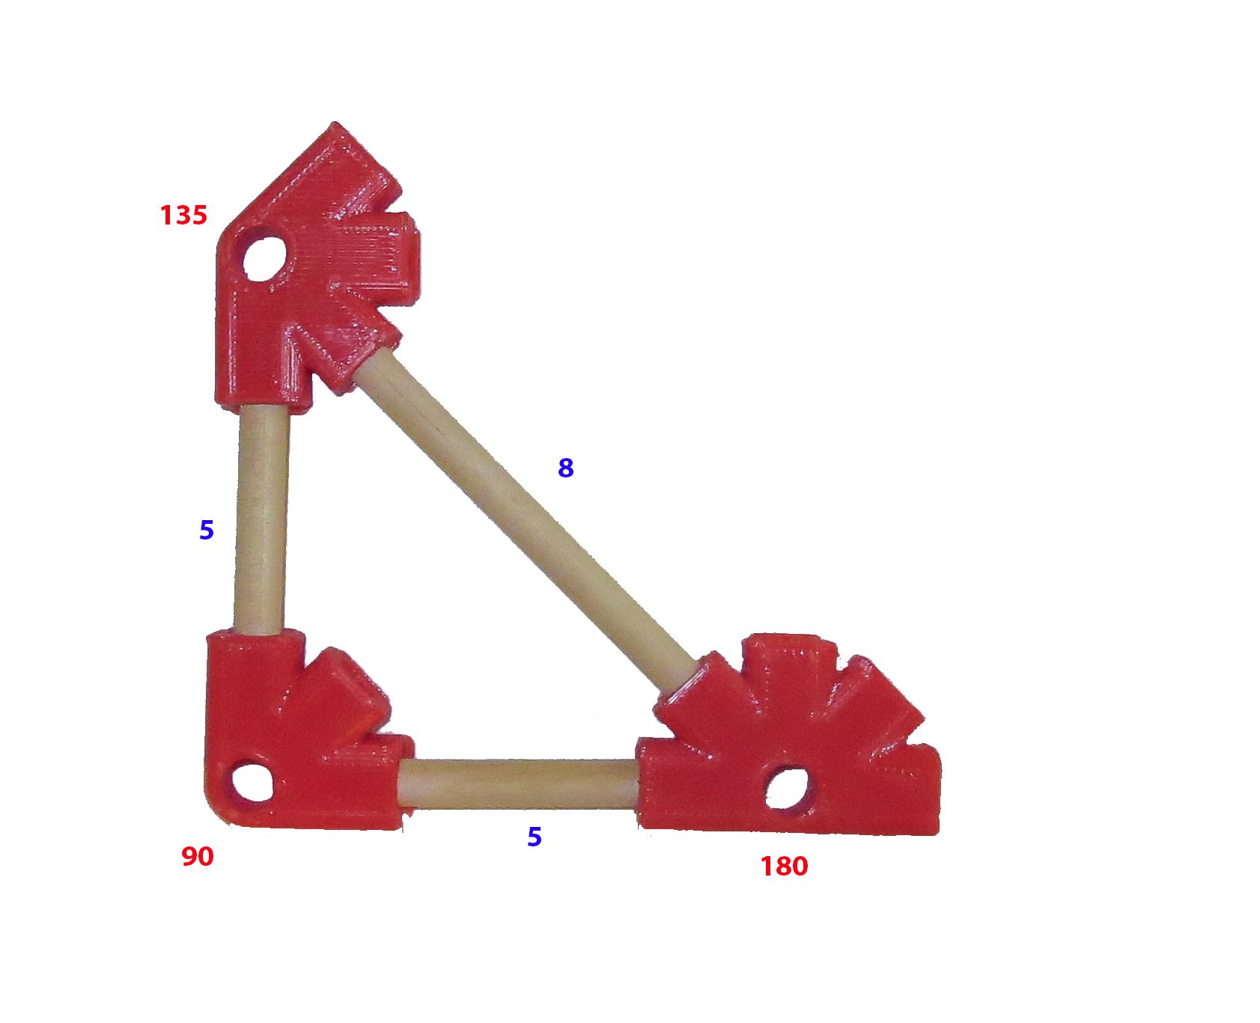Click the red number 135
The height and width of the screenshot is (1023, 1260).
pos(183,216)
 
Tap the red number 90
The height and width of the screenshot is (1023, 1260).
pos(198,857)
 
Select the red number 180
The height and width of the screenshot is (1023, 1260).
pos(784,867)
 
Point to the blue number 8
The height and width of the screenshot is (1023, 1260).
pos(566,468)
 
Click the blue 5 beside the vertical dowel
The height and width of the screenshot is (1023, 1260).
pos(207,531)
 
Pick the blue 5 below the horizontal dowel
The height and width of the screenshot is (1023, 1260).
pos(535,837)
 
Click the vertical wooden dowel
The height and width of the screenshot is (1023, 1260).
pos(261,520)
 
